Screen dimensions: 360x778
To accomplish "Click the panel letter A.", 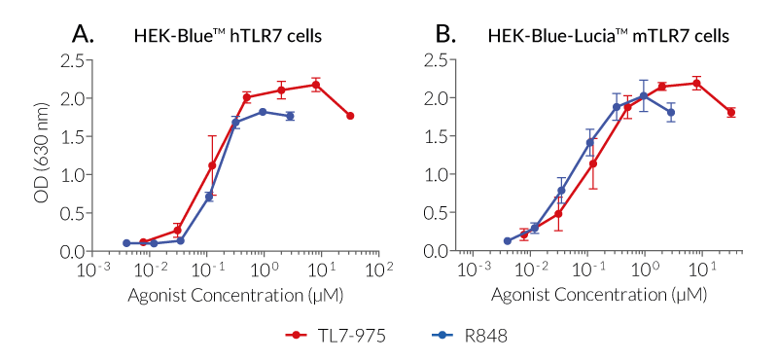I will [x=85, y=35].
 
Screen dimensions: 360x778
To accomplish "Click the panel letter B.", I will [x=445, y=35].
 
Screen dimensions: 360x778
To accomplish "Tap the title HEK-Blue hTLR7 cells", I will [x=228, y=37].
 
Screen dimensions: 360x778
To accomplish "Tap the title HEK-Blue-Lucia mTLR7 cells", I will [x=609, y=37].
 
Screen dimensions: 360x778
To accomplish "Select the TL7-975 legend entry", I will [x=327, y=335].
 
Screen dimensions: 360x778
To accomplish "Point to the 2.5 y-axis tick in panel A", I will [x=70, y=60].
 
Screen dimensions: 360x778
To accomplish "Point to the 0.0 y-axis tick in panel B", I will [x=435, y=251].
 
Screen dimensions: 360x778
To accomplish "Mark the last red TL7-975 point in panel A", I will [x=350, y=116].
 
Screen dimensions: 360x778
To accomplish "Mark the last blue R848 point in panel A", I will [x=290, y=116].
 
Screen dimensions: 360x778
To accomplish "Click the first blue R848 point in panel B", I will [x=508, y=241].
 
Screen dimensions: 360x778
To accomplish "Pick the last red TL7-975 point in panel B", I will [x=730, y=112].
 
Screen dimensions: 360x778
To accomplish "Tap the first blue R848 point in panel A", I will [x=126, y=243].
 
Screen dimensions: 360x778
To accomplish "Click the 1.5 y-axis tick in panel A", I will [x=70, y=136].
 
